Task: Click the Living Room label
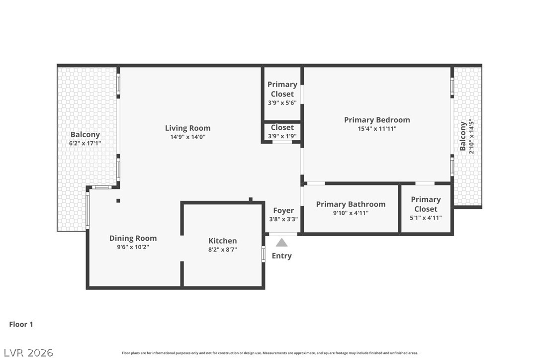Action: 187,128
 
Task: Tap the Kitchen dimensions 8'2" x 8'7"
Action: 222,250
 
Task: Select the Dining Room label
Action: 133,238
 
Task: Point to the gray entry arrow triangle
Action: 282,243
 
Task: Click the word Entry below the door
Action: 282,256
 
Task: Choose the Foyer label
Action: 283,210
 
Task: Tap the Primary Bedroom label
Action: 377,120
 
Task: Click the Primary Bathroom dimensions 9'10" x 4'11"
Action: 351,213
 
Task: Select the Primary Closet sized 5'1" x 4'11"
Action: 426,208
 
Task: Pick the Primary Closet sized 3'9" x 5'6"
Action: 282,93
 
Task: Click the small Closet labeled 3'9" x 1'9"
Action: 282,131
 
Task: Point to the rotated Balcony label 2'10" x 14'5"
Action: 466,136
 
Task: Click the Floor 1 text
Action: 21,324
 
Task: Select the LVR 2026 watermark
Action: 28,353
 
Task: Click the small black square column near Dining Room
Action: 118,201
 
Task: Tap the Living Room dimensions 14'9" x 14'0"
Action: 187,137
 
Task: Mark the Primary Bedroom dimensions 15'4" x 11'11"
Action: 377,129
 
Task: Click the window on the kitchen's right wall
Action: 264,254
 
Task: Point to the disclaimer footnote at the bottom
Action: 270,353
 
